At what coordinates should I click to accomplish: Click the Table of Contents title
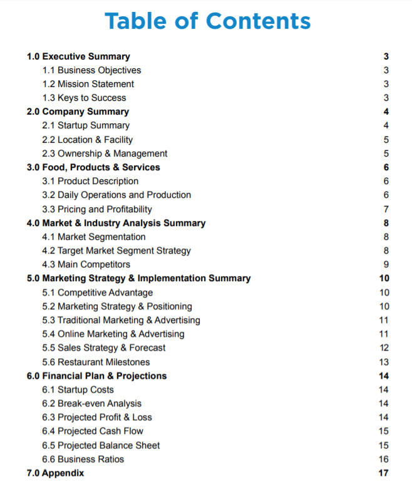pos(207,21)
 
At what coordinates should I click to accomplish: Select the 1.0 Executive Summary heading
pos(78,56)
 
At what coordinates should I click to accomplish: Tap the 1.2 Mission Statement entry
pos(88,84)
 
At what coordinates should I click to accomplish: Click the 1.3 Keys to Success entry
pos(84,98)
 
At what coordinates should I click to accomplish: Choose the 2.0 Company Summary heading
pos(78,111)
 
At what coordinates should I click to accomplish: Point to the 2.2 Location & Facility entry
pos(87,140)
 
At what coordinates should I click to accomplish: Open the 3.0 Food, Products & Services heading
pos(93,167)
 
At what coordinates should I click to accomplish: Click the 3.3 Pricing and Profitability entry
pos(96,209)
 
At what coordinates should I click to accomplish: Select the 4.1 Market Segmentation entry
pos(93,237)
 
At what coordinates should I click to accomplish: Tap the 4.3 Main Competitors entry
pos(86,264)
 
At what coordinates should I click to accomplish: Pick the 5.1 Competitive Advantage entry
pos(97,292)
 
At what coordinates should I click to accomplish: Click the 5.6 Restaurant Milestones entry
pos(96,362)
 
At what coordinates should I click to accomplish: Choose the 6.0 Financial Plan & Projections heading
pos(96,376)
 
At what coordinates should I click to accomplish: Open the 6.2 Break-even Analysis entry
pos(91,403)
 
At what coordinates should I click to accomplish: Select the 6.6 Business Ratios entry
pos(83,459)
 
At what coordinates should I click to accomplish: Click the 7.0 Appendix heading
pos(55,473)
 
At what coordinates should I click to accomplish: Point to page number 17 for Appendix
pos(384,473)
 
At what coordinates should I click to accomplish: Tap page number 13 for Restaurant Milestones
pos(384,362)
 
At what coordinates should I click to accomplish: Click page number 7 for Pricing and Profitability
pos(386,209)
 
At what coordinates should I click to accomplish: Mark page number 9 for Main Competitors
pos(386,264)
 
